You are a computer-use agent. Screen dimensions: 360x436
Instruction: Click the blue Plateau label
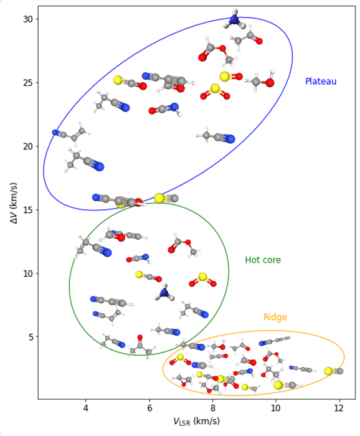click(321, 81)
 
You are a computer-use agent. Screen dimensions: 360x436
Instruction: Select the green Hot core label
click(263, 260)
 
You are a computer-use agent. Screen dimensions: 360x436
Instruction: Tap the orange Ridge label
click(275, 317)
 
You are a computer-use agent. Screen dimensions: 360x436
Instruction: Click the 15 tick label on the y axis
click(28, 210)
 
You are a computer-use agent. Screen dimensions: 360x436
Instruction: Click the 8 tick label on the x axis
click(212, 408)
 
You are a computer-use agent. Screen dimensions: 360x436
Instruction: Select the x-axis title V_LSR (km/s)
click(196, 421)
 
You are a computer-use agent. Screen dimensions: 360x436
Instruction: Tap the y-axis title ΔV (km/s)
click(13, 203)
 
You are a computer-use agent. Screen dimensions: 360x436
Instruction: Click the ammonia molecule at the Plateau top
click(235, 19)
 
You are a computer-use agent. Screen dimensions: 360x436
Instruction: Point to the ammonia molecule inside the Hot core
click(164, 292)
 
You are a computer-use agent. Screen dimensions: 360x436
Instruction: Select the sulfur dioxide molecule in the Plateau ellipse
click(215, 92)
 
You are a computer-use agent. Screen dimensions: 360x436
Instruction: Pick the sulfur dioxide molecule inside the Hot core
click(202, 280)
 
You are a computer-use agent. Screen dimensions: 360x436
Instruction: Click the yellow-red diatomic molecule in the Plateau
click(230, 76)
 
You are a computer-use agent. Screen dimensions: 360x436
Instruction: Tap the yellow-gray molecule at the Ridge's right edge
click(334, 371)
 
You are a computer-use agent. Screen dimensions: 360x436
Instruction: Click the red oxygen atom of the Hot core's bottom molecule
click(140, 338)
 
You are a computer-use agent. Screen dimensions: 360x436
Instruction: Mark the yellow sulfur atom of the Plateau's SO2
click(215, 88)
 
